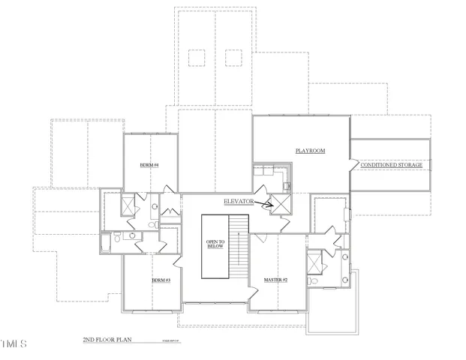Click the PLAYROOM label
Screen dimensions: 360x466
310,151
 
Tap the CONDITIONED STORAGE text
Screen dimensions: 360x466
391,164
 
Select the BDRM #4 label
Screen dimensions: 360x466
149,164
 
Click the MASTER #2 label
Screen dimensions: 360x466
276,280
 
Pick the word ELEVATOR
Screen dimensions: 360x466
239,202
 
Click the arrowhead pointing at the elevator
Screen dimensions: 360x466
271,203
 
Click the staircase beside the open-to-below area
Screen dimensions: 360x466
238,246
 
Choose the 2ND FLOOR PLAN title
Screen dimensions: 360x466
107,340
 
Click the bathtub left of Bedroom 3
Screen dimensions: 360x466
116,242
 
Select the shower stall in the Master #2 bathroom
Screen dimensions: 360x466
314,263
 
